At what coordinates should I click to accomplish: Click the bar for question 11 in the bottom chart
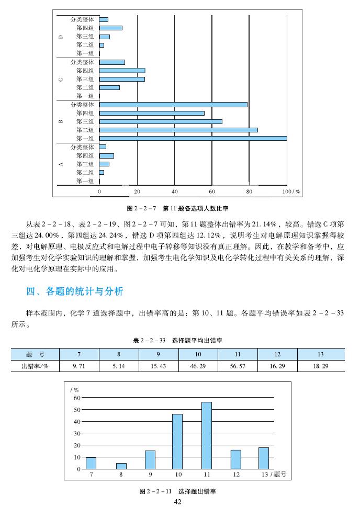pos(207,435)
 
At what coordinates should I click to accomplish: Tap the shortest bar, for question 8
pos(121,466)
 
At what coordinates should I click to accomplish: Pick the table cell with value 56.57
pos(238,366)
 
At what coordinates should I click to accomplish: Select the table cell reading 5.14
pos(119,366)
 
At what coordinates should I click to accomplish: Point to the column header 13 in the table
pos(320,354)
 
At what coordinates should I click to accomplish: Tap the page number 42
pos(177,502)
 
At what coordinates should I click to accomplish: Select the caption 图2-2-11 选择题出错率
pos(177,491)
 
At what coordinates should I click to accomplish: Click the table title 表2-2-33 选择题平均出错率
pos(178,340)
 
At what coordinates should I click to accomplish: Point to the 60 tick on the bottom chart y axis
pos(76,398)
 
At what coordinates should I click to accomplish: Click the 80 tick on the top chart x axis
pos(249,192)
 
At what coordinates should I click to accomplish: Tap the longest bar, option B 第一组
pos(193,138)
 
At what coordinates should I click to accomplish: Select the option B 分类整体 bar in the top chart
pos(173,105)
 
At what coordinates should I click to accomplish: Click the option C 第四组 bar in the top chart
pos(122,71)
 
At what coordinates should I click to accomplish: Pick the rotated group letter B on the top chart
pos(61,121)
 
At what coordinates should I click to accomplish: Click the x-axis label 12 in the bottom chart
pos(236,474)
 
